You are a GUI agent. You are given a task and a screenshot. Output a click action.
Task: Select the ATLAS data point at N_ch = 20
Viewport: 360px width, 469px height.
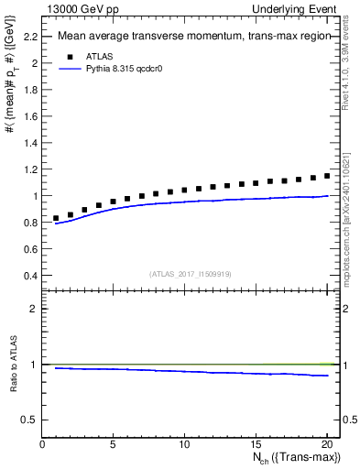326,175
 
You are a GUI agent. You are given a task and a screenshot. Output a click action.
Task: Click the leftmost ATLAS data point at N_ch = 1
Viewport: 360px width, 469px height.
57,218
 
